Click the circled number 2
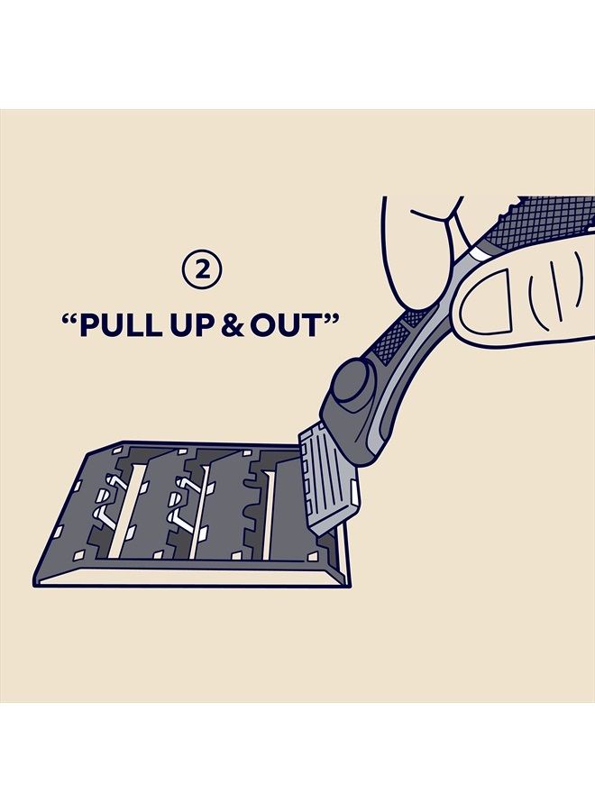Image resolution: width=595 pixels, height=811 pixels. tap(202, 269)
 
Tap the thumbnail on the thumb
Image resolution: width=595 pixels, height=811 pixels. tap(485, 302)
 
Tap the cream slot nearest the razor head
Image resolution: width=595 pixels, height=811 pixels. tap(269, 515)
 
